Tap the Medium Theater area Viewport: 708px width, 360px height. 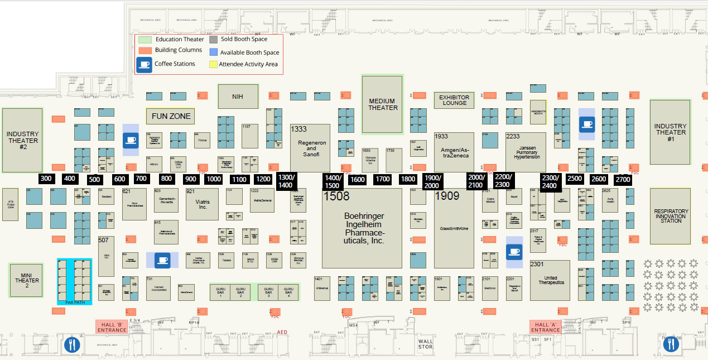point(382,105)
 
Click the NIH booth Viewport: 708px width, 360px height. point(238,97)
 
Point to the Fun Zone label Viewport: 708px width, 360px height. point(171,117)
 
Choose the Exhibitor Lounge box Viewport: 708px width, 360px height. point(454,100)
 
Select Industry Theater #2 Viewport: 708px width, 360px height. point(22,140)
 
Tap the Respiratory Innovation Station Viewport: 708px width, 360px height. point(670,216)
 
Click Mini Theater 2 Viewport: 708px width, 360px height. point(27,280)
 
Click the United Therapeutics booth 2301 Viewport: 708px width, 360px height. point(550,280)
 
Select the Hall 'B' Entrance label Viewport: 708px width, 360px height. point(112,327)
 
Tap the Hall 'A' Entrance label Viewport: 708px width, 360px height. point(545,327)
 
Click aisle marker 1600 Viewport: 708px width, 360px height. point(358,179)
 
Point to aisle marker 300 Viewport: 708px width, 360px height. point(46,179)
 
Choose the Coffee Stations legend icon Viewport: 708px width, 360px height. point(145,64)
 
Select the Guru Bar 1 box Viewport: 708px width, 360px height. point(220,292)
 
